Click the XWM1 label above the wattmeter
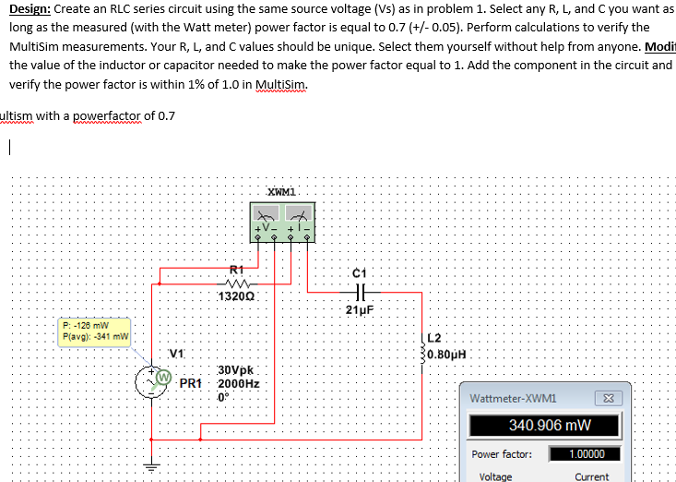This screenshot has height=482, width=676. click(x=280, y=191)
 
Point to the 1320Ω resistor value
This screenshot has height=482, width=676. click(x=237, y=297)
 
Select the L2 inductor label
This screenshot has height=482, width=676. click(x=436, y=336)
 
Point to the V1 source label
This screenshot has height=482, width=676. click(x=176, y=352)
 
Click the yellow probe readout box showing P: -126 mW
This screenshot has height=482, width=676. click(x=92, y=331)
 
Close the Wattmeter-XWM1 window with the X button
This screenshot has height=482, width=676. click(x=609, y=399)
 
